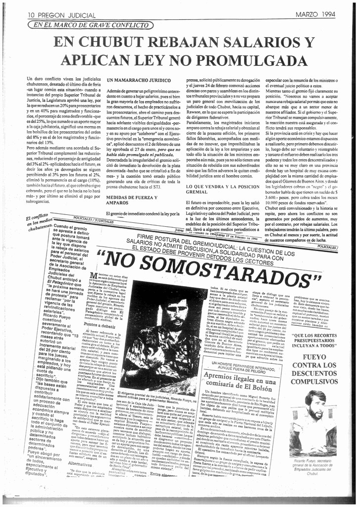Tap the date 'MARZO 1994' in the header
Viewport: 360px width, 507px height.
click(314, 15)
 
